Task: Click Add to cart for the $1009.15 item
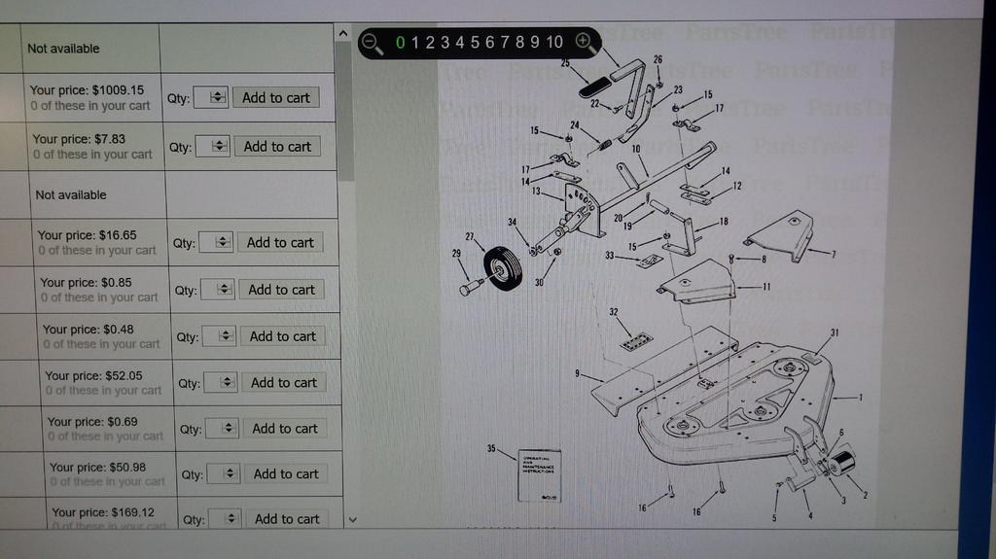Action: [275, 97]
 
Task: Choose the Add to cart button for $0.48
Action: [282, 336]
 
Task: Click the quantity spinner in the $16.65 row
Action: [216, 243]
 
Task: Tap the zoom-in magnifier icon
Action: [584, 41]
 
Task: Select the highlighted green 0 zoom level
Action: [401, 42]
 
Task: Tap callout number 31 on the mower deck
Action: [835, 332]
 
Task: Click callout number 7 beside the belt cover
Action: [833, 254]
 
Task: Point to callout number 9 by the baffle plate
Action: [577, 373]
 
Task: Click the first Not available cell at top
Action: [63, 49]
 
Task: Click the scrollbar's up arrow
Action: [342, 32]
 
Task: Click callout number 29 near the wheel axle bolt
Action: [456, 254]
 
